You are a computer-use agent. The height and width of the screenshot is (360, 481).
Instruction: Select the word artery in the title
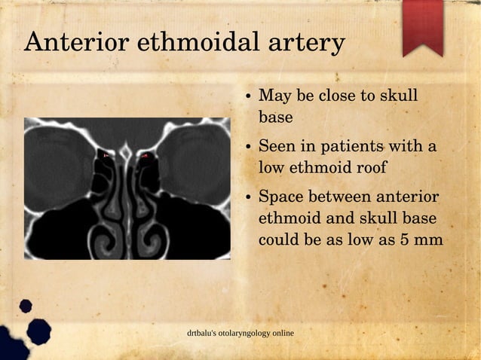305,43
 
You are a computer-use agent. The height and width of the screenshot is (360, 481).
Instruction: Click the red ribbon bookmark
422,27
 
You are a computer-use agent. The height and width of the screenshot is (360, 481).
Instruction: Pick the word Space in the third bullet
281,197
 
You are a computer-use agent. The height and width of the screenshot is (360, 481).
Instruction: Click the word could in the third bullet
278,240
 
